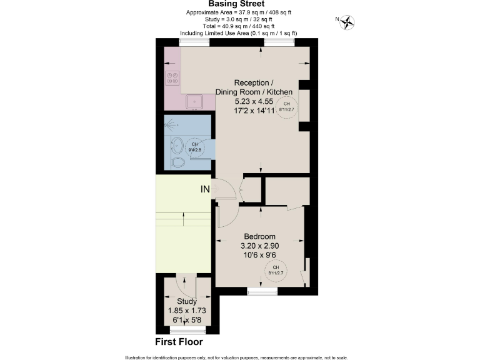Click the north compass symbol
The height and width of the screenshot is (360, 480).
[x=347, y=22]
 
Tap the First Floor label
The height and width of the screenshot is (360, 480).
[x=179, y=342]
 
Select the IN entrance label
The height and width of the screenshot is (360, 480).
[x=204, y=189]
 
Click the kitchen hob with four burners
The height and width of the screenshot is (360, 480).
[x=172, y=79]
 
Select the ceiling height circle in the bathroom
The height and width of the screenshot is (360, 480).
[x=195, y=147]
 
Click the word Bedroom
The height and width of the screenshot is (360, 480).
[x=259, y=236]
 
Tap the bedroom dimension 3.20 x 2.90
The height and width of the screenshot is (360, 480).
[x=260, y=246]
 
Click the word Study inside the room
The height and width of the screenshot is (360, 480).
[x=186, y=301]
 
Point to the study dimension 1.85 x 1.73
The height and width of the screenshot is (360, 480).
[x=186, y=311]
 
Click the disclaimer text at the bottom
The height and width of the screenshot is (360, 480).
[x=239, y=355]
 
